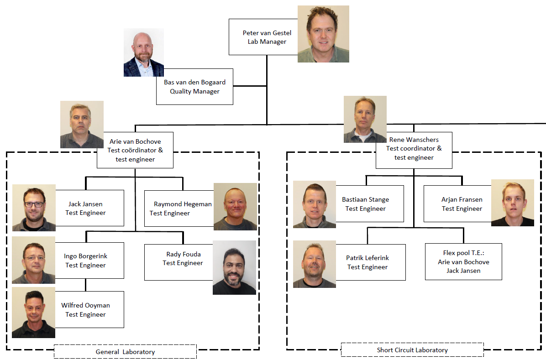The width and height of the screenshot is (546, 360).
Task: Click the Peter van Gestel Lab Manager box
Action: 263,37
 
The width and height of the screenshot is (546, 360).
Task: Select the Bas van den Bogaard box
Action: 194,87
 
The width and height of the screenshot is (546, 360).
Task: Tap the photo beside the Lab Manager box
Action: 323,34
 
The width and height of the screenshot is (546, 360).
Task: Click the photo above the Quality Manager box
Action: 143,52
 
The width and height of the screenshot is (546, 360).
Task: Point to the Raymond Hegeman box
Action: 179,209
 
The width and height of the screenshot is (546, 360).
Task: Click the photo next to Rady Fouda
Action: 234,267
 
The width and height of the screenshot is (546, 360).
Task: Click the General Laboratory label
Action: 125,352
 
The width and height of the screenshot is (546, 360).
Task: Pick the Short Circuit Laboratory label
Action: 412,350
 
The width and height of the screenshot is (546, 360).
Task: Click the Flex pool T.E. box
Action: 463,261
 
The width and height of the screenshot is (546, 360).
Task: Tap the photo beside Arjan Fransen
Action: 512,203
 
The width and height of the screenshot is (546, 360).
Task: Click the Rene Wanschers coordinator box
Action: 414,148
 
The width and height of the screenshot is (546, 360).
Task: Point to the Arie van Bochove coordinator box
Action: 135,150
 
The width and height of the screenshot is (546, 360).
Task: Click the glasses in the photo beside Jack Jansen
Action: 34,204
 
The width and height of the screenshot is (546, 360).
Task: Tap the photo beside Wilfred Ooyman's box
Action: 33,313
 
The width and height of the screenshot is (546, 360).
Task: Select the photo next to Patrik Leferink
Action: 314,264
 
